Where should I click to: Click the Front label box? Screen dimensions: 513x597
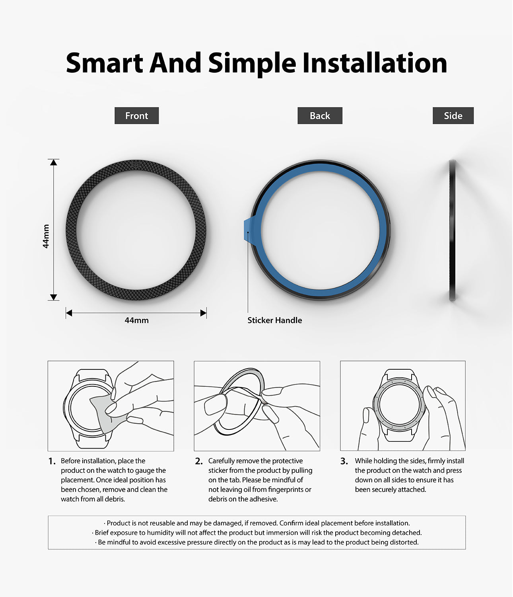pyautogui.click(x=136, y=115)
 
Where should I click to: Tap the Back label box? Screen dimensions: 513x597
pyautogui.click(x=320, y=115)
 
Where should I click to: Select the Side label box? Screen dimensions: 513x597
pyautogui.click(x=453, y=115)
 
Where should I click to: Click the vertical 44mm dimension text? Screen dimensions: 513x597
pyautogui.click(x=46, y=236)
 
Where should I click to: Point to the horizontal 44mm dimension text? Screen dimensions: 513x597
pyautogui.click(x=136, y=320)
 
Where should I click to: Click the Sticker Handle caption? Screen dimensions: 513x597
pyautogui.click(x=275, y=320)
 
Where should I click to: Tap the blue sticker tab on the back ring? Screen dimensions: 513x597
pyautogui.click(x=249, y=230)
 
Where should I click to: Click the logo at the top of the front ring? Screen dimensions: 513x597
pyautogui.click(x=136, y=165)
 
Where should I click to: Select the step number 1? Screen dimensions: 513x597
pyautogui.click(x=52, y=461)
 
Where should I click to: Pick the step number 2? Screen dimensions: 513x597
pyautogui.click(x=199, y=461)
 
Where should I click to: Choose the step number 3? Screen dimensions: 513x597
pyautogui.click(x=344, y=461)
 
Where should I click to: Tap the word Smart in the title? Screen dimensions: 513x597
pyautogui.click(x=104, y=62)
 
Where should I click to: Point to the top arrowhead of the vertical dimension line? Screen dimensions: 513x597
pyautogui.click(x=53, y=162)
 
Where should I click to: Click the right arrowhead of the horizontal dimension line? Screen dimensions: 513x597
pyautogui.click(x=204, y=313)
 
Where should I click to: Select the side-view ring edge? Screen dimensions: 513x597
pyautogui.click(x=453, y=230)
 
